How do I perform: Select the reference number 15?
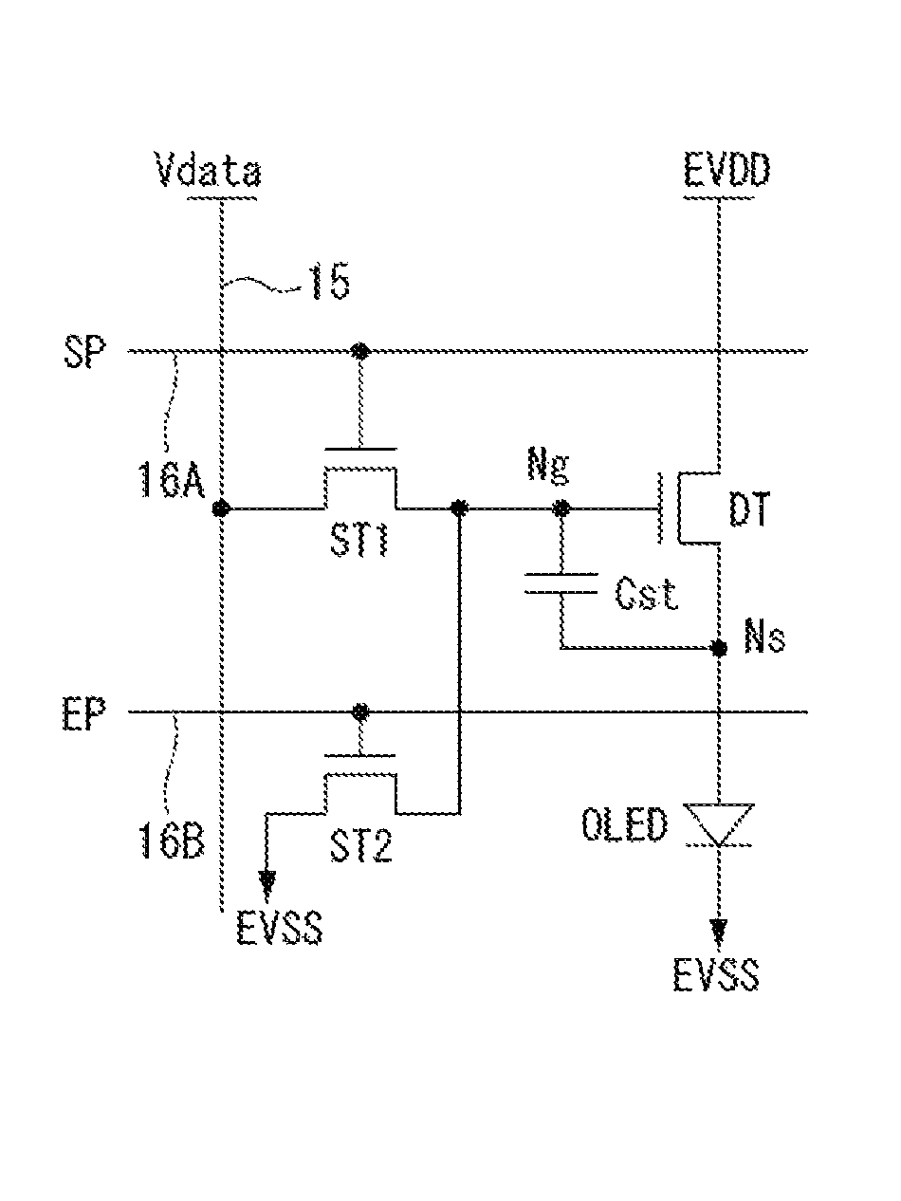click(330, 283)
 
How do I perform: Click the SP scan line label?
click(84, 352)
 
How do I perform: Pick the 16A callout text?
click(172, 480)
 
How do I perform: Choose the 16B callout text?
click(172, 841)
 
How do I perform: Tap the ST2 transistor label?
click(360, 846)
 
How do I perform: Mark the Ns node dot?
click(718, 649)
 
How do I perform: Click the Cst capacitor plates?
click(561, 583)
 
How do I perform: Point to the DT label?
click(749, 508)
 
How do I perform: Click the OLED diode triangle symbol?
click(719, 824)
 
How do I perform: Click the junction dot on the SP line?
click(360, 351)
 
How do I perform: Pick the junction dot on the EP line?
click(360, 711)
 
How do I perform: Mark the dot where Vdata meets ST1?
click(221, 508)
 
